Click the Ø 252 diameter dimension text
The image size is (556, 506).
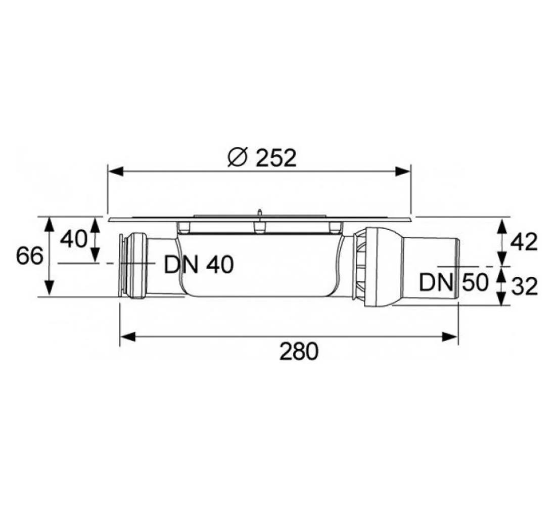(x=262, y=158)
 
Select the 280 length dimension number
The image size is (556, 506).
(x=299, y=352)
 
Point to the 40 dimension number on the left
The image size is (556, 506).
(x=73, y=239)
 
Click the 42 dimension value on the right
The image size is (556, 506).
(x=524, y=242)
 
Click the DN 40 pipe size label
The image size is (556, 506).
(x=199, y=265)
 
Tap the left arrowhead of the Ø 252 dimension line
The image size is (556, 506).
(x=116, y=172)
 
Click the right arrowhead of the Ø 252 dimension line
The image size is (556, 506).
(x=403, y=172)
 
